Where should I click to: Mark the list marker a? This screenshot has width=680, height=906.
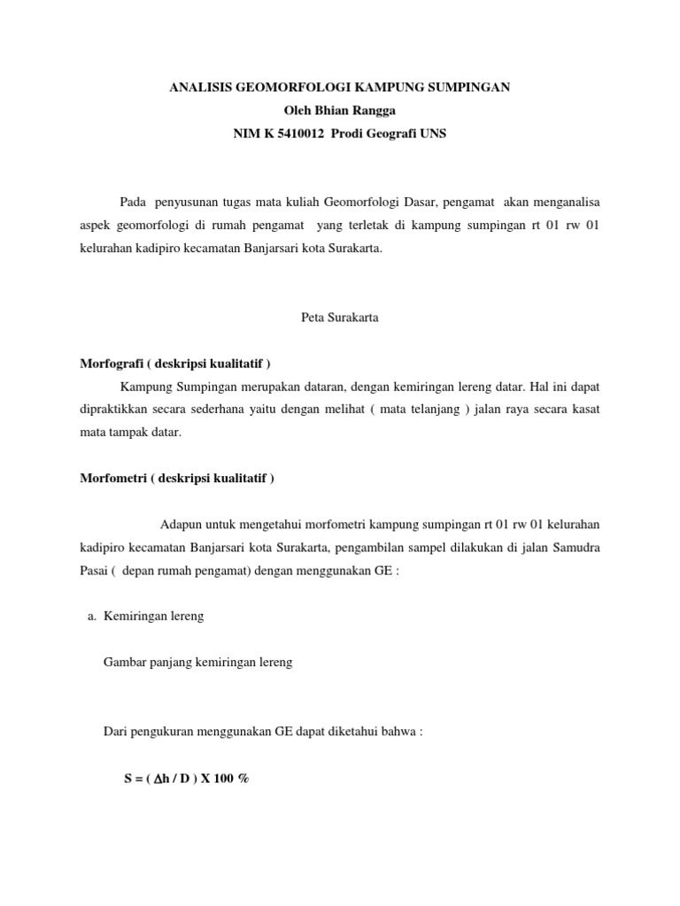pyautogui.click(x=91, y=617)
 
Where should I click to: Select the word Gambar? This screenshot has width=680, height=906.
pyautogui.click(x=125, y=663)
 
